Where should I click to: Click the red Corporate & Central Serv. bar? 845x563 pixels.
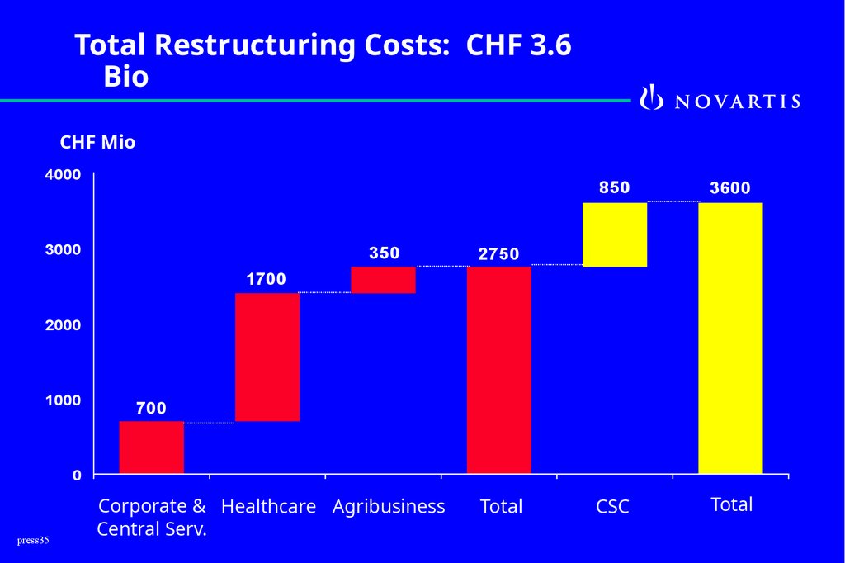[151, 447]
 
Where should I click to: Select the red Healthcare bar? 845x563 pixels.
[267, 357]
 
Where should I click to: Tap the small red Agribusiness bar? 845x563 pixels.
[383, 280]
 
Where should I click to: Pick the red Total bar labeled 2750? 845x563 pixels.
[498, 369]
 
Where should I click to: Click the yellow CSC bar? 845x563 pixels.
[615, 234]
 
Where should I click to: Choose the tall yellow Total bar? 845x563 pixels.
[730, 338]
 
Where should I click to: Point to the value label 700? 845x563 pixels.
[151, 408]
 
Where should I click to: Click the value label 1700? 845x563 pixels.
[267, 280]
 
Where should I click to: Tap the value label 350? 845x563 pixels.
[384, 253]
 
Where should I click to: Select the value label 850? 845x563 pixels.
[615, 187]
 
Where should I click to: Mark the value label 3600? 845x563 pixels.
[730, 188]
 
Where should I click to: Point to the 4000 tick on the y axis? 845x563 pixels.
[63, 175]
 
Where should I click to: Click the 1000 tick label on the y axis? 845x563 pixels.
[63, 400]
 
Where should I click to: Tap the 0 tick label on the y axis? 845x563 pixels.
[77, 475]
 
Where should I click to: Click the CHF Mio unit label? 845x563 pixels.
[97, 143]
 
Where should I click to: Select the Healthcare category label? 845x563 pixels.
[268, 506]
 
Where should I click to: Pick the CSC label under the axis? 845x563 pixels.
[612, 507]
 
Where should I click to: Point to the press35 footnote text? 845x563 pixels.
[33, 541]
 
